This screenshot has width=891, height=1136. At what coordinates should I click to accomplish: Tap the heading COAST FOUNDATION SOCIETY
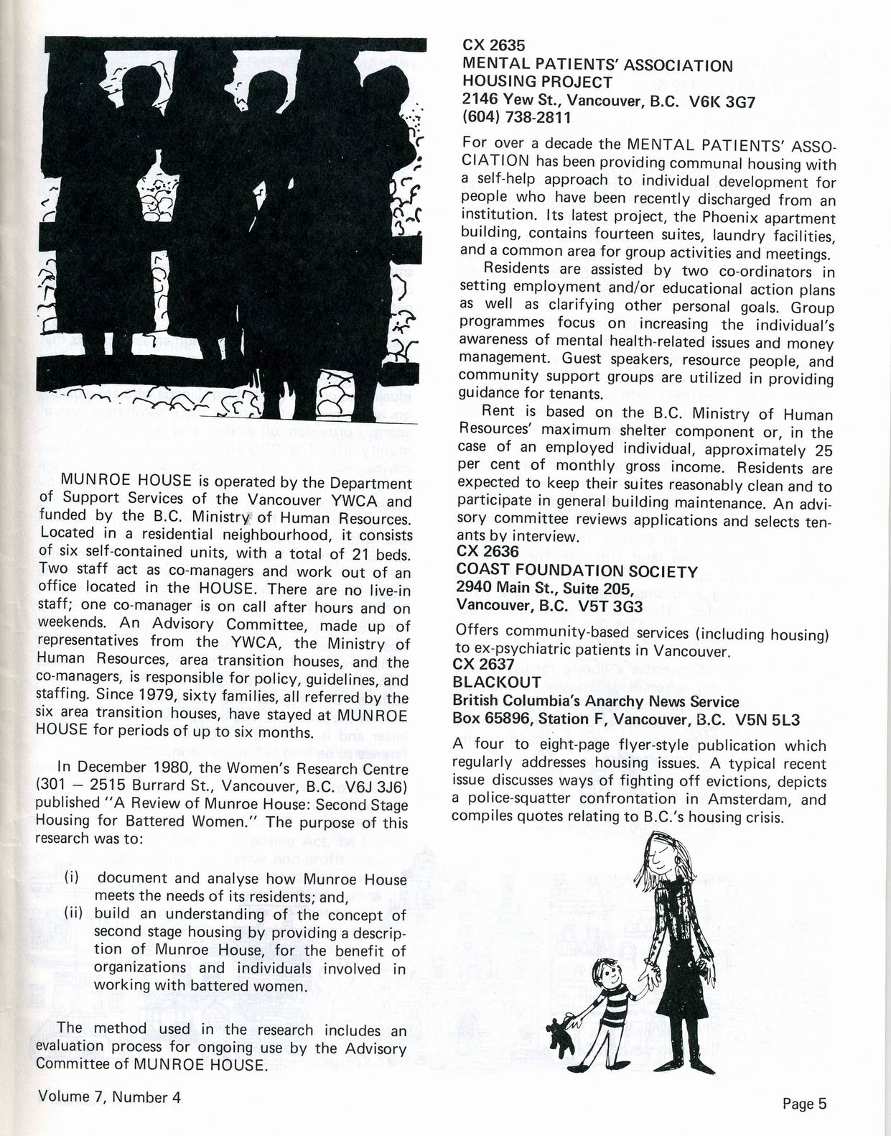577,571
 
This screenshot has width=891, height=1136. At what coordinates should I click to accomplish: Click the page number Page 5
805,1103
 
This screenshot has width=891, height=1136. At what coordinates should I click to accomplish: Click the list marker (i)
72,877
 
